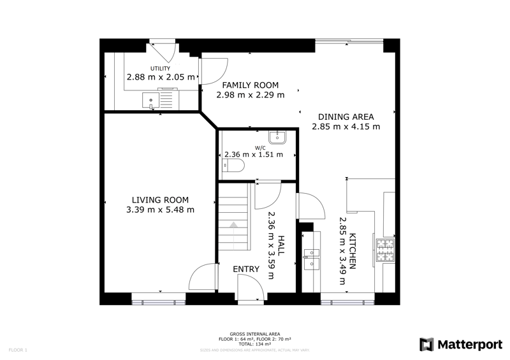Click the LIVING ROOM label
tap(161, 199)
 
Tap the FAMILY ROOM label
tap(250, 85)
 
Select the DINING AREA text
tap(346, 117)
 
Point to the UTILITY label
tap(160, 68)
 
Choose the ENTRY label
tap(246, 270)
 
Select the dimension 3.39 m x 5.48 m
tap(161, 210)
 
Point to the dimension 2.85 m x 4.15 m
tap(346, 126)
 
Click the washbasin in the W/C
tap(279, 137)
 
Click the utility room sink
tap(150, 99)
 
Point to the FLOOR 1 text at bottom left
tap(17, 350)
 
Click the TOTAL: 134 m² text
tap(255, 343)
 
